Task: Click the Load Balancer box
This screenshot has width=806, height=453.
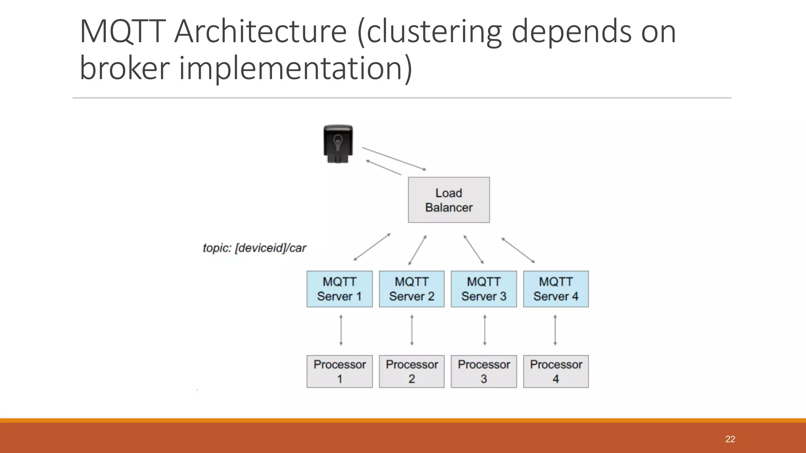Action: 449,200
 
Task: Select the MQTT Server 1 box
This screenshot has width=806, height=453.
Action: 339,289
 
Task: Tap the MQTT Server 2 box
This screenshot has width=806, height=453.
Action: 412,289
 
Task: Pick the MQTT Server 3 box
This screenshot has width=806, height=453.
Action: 484,289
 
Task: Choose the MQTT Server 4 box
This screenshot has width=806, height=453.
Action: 556,289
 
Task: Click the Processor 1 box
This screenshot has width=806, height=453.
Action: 339,372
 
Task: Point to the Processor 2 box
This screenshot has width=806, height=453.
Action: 412,372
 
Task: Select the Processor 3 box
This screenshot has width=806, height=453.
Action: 484,372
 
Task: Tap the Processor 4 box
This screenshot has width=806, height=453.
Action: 556,372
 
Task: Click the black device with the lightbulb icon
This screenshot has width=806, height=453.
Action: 338,144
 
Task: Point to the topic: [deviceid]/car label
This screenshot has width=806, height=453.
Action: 254,248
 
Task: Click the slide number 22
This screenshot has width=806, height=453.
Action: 730,439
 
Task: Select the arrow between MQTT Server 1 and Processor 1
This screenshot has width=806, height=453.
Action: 341,330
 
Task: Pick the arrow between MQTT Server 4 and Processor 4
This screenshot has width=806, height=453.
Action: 555,330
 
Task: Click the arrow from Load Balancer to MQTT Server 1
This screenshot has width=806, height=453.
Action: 372,247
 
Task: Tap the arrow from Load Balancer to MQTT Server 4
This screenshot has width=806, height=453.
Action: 518,250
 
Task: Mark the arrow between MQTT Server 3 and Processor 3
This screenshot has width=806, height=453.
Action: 484,330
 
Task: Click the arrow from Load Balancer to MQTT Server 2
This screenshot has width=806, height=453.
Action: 418,250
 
